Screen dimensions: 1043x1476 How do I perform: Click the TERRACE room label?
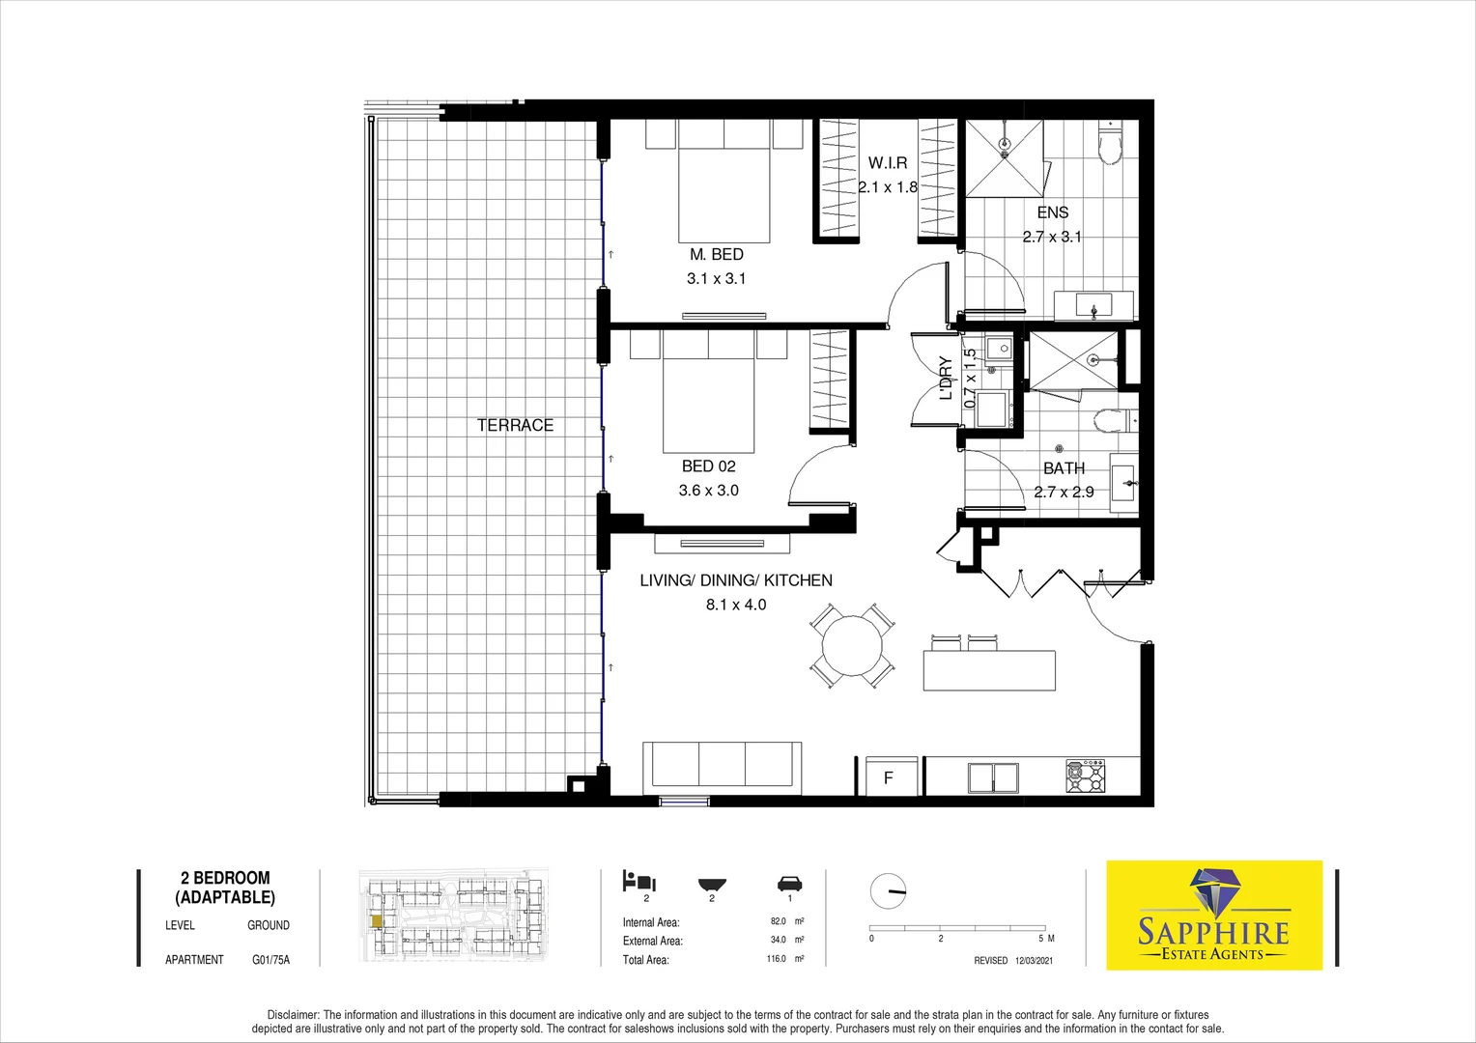tap(515, 425)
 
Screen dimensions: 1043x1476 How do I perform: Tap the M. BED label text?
tap(716, 254)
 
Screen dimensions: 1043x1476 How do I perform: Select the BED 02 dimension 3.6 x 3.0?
tap(708, 491)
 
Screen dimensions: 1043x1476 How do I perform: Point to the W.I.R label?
tap(887, 163)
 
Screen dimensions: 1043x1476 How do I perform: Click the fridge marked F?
tap(889, 777)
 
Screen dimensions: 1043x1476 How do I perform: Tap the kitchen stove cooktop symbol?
tap(1085, 776)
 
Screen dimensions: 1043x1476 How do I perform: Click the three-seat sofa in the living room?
tap(723, 765)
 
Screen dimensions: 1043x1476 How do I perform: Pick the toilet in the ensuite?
tap(1109, 147)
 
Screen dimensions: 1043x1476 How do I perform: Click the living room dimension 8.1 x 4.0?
tap(735, 605)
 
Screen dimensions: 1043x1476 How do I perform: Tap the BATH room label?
tap(1064, 468)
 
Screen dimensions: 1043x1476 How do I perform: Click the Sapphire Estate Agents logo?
tap(1213, 915)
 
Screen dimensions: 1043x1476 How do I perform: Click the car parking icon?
tap(789, 884)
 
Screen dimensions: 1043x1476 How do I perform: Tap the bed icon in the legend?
tap(639, 881)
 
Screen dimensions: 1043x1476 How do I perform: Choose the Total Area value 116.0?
tap(776, 959)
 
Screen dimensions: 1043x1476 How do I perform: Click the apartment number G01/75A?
tap(270, 960)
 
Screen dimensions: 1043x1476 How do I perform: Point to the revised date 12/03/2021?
tap(1034, 961)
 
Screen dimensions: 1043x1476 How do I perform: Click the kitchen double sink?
tap(993, 777)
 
